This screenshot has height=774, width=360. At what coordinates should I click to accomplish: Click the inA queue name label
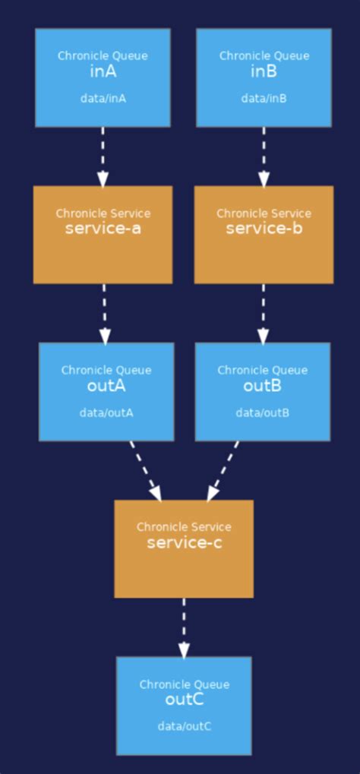point(103,72)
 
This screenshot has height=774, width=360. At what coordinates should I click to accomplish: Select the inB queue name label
point(264,72)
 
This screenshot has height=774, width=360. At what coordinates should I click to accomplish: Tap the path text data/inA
point(103,98)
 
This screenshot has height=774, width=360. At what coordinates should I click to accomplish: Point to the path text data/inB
point(264,98)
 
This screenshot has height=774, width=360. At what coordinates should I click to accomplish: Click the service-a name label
point(103,229)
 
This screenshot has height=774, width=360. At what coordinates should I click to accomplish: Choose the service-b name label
point(264,229)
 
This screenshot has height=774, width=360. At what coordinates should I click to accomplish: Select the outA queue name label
point(106,386)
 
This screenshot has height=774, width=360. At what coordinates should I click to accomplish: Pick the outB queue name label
point(262,386)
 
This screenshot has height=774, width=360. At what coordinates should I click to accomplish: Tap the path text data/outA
point(106,412)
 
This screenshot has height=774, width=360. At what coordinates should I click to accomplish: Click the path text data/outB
point(262,412)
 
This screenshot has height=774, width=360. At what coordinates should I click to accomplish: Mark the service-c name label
point(184,542)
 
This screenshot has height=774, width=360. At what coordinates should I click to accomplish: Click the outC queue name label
point(184,700)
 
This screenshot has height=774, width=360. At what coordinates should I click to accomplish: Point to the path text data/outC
point(184,726)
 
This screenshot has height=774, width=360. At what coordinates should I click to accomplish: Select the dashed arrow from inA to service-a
point(103,156)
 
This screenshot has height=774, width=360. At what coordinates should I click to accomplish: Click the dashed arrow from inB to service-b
point(264,156)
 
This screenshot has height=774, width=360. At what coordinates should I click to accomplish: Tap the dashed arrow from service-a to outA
point(104,313)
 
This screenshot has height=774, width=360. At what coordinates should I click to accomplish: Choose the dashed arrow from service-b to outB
point(263,313)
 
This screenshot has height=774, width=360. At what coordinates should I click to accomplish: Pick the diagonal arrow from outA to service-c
point(145,470)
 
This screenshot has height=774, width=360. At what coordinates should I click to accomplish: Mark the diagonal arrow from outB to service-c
point(223,470)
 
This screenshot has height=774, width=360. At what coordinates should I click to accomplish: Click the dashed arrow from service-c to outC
point(183,627)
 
